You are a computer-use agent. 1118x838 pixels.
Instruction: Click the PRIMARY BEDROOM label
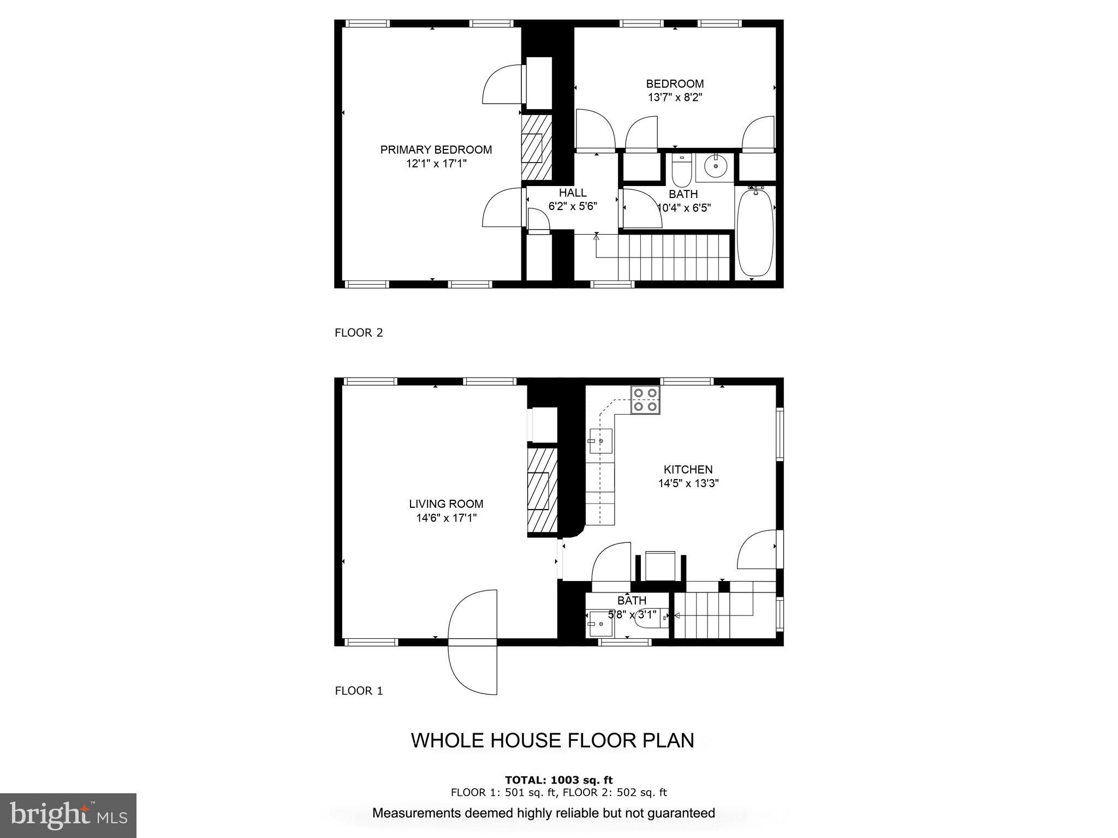coord(436,149)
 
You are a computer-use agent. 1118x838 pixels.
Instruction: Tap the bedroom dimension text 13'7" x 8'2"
coord(675,98)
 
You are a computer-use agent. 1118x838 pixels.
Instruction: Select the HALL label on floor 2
coord(573,193)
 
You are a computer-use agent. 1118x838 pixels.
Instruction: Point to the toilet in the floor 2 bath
coord(681,171)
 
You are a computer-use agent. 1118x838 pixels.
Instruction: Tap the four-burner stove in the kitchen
coord(646,399)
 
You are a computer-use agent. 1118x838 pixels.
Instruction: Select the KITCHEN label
coord(688,469)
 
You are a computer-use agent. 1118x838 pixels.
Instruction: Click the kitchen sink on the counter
coord(600,441)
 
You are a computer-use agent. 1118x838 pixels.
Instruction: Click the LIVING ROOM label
coord(446,504)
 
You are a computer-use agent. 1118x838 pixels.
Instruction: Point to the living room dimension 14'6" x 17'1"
coord(446,518)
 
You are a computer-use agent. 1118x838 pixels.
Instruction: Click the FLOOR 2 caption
coord(359,333)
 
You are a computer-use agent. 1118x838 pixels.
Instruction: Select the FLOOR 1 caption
coord(359,691)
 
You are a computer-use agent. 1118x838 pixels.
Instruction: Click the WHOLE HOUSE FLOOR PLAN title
coord(552,740)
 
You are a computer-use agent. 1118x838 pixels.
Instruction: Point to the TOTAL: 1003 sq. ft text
coord(558,780)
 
